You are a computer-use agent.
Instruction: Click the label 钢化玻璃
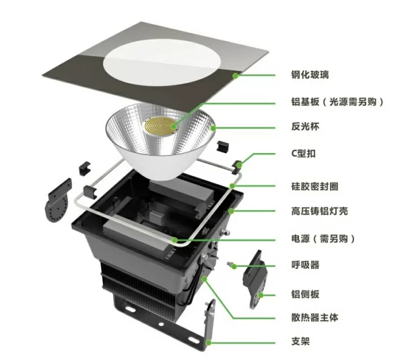tap(310, 75)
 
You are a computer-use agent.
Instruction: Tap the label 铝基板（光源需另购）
tap(337, 102)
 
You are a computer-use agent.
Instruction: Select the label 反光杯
tap(305, 127)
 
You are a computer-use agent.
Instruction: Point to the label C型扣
tap(303, 154)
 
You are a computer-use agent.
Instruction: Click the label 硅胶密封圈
tap(314, 186)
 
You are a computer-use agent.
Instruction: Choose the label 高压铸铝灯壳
tap(319, 211)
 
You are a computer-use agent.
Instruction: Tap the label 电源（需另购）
tap(323, 239)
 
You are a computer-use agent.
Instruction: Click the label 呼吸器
tap(305, 265)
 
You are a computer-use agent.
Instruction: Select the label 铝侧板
tap(305, 294)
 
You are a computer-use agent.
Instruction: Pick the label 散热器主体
tap(314, 318)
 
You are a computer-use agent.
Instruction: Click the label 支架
tap(300, 341)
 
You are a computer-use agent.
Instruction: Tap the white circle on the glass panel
tap(162, 63)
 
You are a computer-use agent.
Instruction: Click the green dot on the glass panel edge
tap(235, 76)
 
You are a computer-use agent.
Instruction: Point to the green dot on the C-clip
tap(239, 164)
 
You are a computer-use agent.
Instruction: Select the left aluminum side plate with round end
tap(58, 200)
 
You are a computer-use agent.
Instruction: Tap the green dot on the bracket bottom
tap(209, 342)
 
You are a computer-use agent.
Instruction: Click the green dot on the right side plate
tap(261, 295)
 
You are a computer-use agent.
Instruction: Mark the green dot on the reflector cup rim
tap(213, 128)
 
